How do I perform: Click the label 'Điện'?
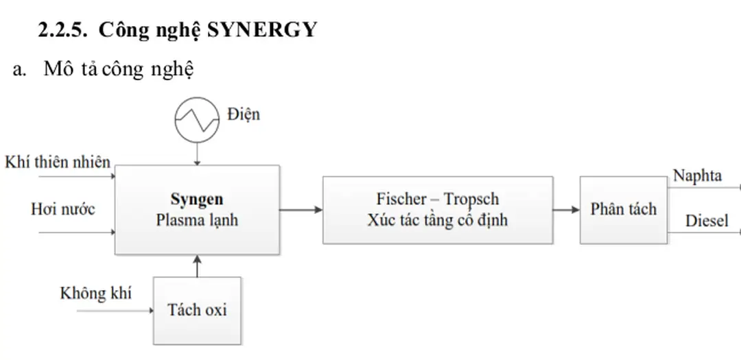coord(243,113)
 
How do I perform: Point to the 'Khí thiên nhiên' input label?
coord(58,162)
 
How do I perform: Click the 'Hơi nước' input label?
coord(63,208)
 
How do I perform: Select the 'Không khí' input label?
coord(95,293)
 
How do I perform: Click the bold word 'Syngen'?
coord(197,199)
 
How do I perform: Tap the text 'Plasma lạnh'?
coord(197,220)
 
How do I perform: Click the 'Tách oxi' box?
coord(197,309)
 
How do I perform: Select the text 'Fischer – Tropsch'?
coord(437,199)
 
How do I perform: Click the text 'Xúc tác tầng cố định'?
coord(437,220)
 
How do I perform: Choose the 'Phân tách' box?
coord(623,209)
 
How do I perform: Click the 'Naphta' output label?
coord(697,176)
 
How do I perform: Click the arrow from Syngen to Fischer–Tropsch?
coord(301,210)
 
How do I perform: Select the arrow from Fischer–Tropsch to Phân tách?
coord(566,210)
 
